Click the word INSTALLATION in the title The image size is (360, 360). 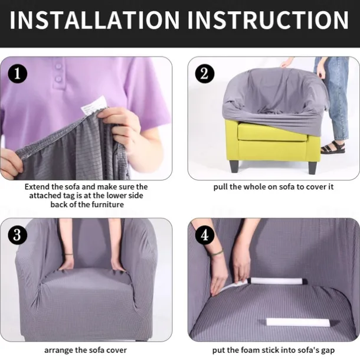click(94, 19)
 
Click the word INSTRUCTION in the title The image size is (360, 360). click(269, 19)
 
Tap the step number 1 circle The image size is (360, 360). click(18, 74)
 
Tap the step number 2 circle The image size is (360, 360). click(205, 74)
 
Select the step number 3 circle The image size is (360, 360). click(18, 235)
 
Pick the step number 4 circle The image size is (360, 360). click(205, 235)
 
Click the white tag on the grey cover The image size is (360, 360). click(94, 106)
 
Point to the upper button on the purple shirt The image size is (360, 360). click(58, 67)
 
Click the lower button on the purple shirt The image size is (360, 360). click(59, 78)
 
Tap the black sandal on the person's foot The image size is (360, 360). click(333, 148)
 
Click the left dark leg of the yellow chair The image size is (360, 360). click(234, 166)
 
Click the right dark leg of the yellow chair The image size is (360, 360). click(312, 168)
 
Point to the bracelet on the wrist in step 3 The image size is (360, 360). click(68, 254)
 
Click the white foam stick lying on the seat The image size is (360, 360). click(298, 322)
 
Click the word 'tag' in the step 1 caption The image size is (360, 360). click(68, 195)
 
